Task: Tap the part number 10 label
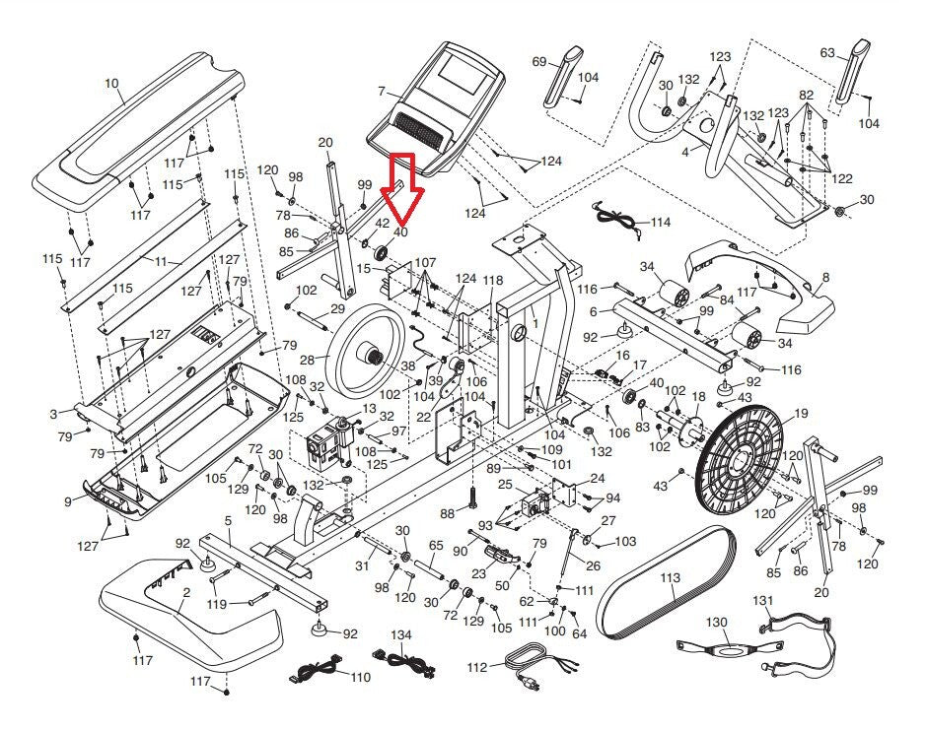pyautogui.click(x=110, y=84)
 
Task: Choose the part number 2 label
pyautogui.click(x=186, y=592)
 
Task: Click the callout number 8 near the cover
pyautogui.click(x=824, y=278)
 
